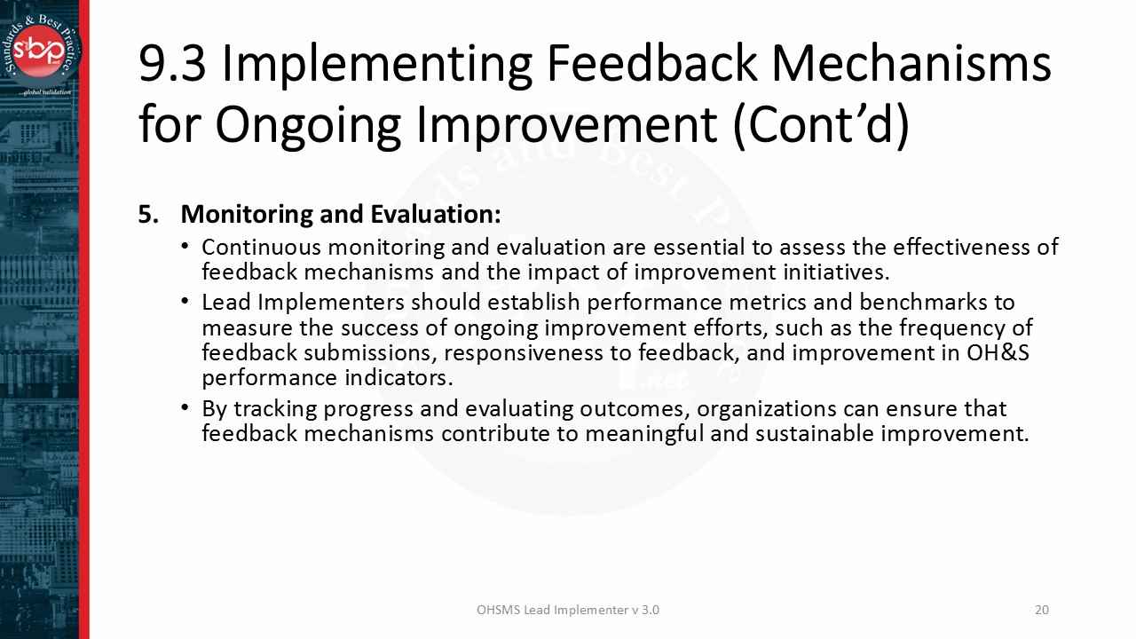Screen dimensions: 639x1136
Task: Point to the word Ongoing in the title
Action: [308, 124]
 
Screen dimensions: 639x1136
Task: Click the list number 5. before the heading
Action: [149, 215]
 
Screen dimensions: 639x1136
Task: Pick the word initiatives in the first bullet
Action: [833, 271]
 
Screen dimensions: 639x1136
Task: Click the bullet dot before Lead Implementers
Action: [185, 302]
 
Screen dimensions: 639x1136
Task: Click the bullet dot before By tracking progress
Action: [185, 408]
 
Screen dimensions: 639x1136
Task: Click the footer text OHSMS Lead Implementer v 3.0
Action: [568, 610]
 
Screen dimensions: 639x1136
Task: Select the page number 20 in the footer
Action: [1042, 610]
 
